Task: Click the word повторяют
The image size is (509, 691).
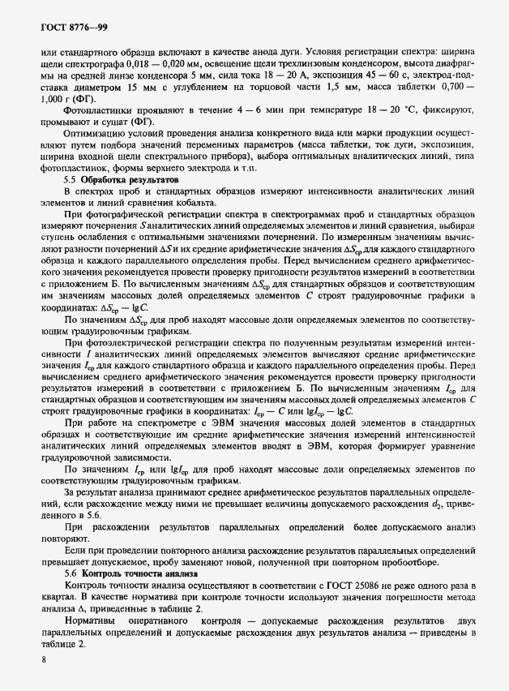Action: pos(63,538)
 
